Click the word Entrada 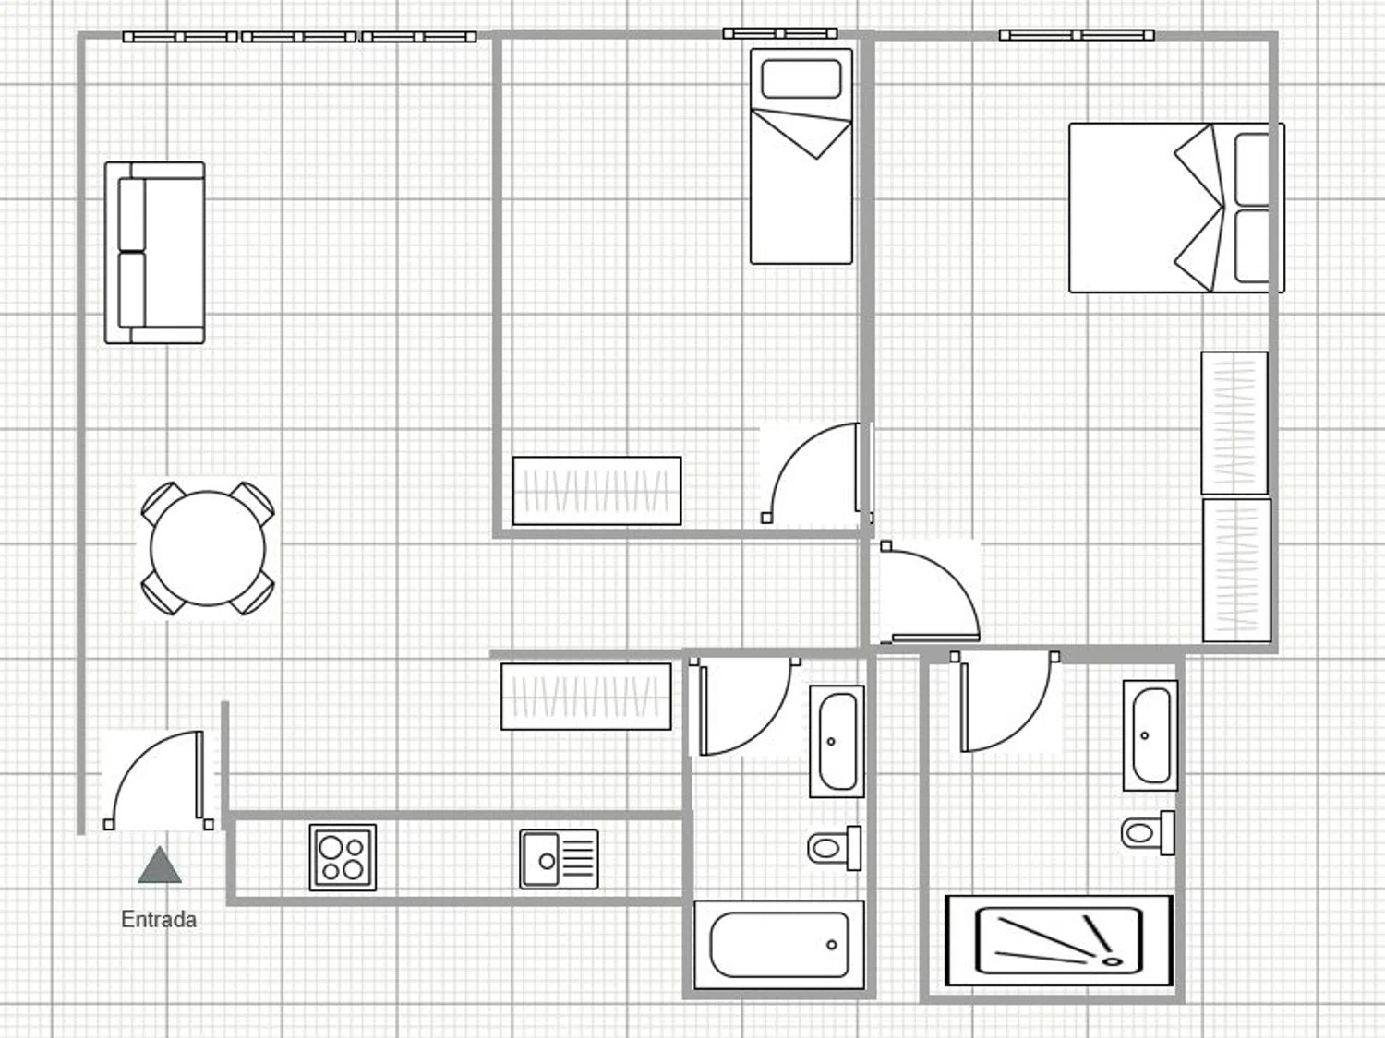pyautogui.click(x=159, y=920)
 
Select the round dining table pyautogui.click(x=208, y=548)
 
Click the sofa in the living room pyautogui.click(x=154, y=253)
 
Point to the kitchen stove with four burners pyautogui.click(x=343, y=858)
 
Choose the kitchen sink pyautogui.click(x=559, y=859)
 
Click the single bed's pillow pyautogui.click(x=801, y=78)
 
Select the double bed pyautogui.click(x=1176, y=208)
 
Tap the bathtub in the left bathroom pyautogui.click(x=779, y=945)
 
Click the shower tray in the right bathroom pyautogui.click(x=1059, y=941)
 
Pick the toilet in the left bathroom pyautogui.click(x=834, y=848)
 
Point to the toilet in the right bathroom pyautogui.click(x=1148, y=833)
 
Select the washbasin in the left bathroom pyautogui.click(x=837, y=742)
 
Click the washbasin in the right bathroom pyautogui.click(x=1150, y=735)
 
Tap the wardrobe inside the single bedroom pyautogui.click(x=596, y=491)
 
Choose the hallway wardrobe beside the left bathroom pyautogui.click(x=586, y=697)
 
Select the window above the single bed pyautogui.click(x=780, y=33)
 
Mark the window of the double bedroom pyautogui.click(x=1077, y=35)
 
